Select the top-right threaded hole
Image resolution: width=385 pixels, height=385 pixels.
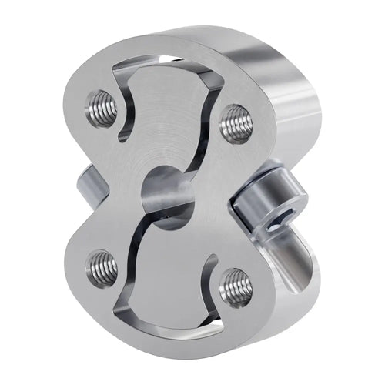point(236,122)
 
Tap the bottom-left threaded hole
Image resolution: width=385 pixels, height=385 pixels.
point(102,267)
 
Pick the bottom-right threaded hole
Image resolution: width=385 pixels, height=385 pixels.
point(235,289)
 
